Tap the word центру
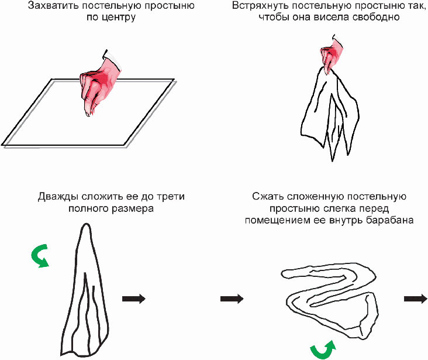click(117, 18)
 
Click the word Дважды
click(57, 197)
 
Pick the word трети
click(170, 197)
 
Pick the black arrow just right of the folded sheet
click(133, 299)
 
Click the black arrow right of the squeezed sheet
click(415, 299)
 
